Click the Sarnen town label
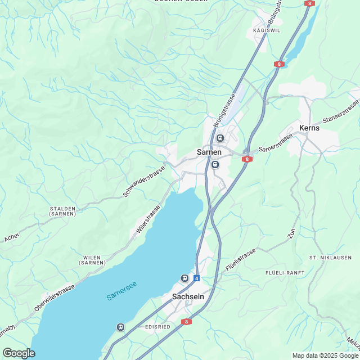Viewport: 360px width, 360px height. point(209,152)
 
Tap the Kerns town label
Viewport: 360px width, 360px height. point(309,128)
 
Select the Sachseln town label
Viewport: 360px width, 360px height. point(187,296)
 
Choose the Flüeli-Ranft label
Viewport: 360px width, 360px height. point(285,272)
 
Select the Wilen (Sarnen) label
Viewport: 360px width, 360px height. point(91,260)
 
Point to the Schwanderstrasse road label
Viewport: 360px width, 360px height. point(144,181)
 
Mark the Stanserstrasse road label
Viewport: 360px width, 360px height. point(340,113)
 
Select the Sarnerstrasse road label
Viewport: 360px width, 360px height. point(276,143)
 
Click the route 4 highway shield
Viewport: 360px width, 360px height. point(196,278)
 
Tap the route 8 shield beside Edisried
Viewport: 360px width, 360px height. point(187,322)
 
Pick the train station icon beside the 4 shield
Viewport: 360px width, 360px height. point(184,278)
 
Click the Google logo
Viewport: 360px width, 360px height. point(19,353)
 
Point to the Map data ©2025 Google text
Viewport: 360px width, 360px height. point(325,355)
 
